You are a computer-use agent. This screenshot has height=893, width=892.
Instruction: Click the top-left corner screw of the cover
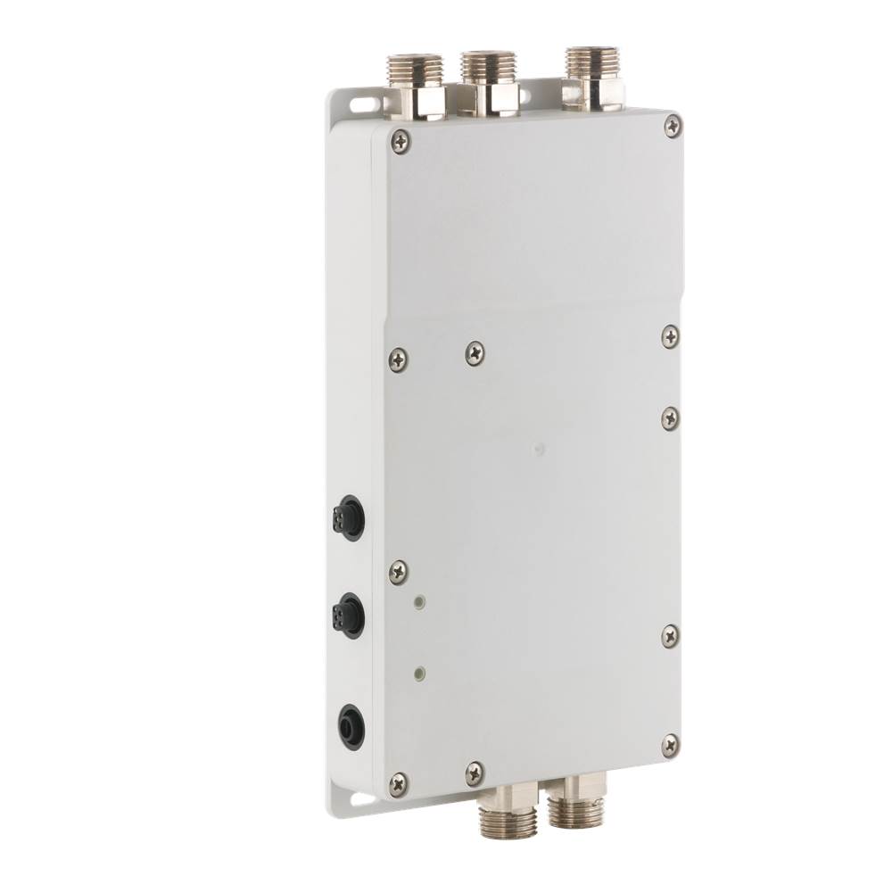tap(401, 139)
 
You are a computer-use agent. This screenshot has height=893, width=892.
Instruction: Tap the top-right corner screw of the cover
tap(673, 126)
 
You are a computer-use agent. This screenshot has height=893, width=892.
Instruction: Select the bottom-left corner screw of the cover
tap(399, 784)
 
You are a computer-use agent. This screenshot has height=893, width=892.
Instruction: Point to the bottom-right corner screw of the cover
tap(671, 745)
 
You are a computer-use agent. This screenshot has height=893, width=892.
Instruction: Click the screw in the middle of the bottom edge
tap(475, 773)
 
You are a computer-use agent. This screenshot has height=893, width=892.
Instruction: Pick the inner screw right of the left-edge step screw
tap(475, 354)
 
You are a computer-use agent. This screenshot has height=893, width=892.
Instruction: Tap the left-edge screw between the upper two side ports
tap(399, 573)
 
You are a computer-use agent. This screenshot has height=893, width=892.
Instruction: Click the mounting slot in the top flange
tap(362, 104)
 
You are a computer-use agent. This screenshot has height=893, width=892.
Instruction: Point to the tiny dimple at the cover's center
tap(536, 451)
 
